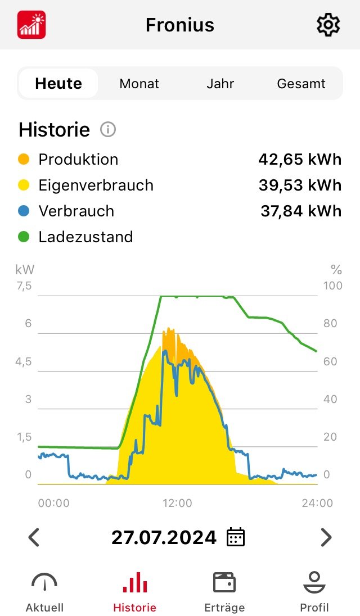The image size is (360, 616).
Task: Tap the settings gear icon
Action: tap(328, 25)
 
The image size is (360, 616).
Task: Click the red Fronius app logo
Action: tap(31, 25)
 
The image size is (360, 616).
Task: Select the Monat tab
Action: tap(139, 84)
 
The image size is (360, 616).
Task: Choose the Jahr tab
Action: tap(220, 84)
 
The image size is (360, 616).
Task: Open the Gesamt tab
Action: tap(301, 84)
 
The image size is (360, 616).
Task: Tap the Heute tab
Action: tap(58, 84)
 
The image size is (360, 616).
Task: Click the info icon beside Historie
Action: tap(107, 130)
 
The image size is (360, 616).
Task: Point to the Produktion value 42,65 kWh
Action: tap(300, 160)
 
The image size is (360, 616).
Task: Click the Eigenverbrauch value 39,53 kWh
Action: tap(300, 185)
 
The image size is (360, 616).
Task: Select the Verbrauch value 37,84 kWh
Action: tap(301, 211)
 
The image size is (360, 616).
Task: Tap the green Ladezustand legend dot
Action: tap(24, 237)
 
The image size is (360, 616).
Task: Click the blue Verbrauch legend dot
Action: tap(24, 211)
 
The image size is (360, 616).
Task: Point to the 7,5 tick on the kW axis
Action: tap(24, 286)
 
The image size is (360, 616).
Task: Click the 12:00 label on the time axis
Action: tap(177, 503)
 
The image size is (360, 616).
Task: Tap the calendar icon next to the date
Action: tap(235, 537)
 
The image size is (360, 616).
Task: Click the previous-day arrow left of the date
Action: tap(34, 537)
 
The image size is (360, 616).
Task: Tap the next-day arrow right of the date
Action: tap(326, 537)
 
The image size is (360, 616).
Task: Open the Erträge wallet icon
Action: tap(224, 583)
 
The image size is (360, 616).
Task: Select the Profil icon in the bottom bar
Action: tap(314, 583)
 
